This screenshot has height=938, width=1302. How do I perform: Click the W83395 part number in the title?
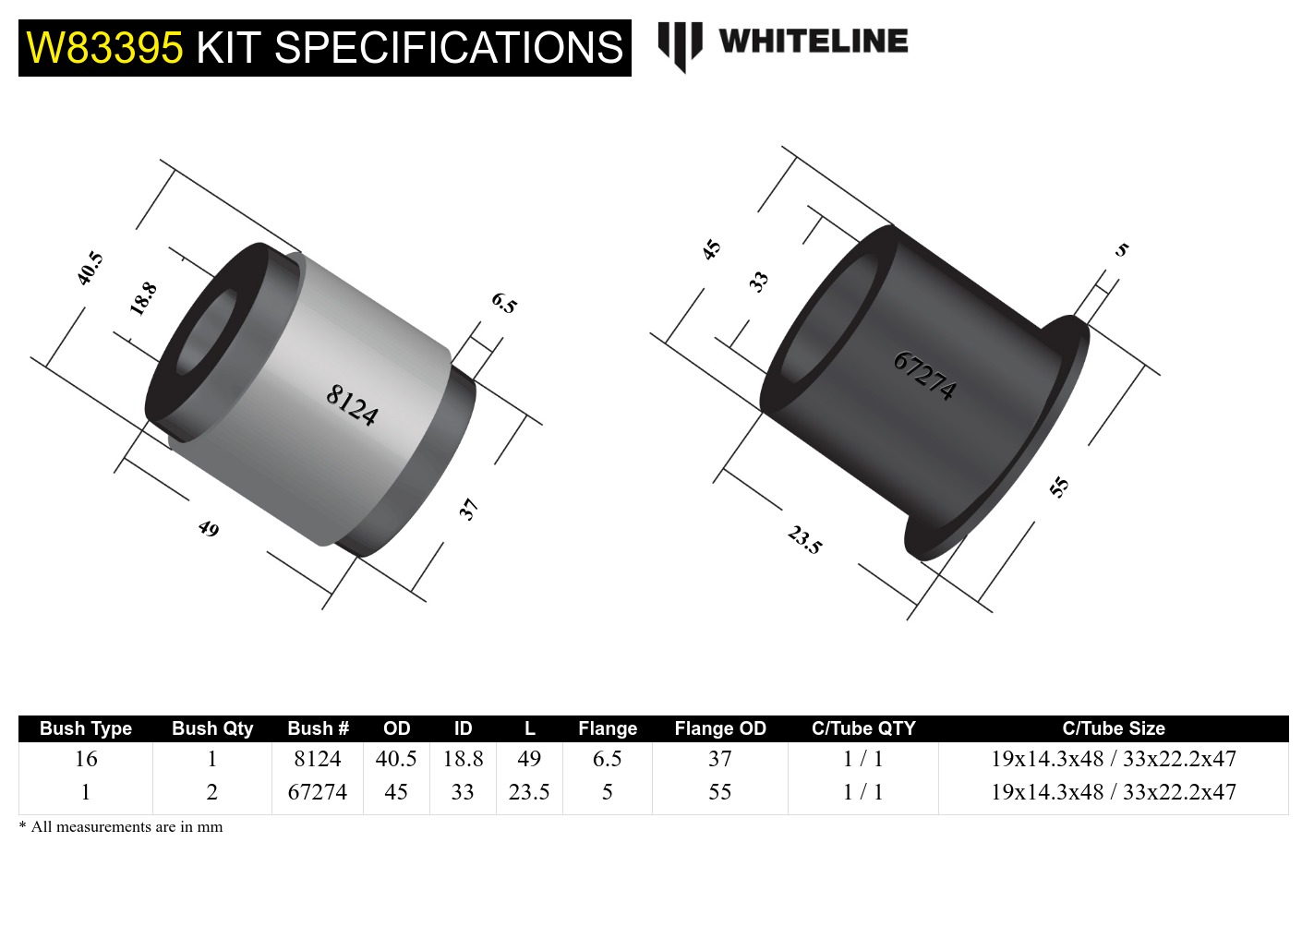[x=104, y=48]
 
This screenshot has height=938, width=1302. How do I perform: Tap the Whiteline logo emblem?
[x=680, y=44]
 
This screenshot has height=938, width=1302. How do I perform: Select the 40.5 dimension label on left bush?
[x=90, y=268]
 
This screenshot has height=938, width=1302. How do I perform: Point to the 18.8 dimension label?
[x=143, y=298]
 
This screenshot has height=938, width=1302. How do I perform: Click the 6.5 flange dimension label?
[x=504, y=303]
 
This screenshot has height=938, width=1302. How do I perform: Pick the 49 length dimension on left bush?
[x=209, y=528]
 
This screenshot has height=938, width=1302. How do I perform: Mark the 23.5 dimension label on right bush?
[x=804, y=539]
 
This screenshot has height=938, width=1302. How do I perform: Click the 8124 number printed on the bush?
[x=352, y=405]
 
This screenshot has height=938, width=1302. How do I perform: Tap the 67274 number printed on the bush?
[x=924, y=375]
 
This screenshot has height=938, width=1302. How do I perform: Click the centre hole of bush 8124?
[x=206, y=333]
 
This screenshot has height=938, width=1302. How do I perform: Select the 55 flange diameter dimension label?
[x=1059, y=487]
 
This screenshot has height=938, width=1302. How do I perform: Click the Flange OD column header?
[x=720, y=728]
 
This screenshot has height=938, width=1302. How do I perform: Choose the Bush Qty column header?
[x=212, y=728]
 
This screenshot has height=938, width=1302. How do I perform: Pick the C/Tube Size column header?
[x=1113, y=728]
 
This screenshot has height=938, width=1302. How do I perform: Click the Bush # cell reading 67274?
[x=318, y=792]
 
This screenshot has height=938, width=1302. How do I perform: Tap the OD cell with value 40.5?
[x=396, y=759]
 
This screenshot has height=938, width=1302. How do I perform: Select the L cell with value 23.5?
[x=529, y=792]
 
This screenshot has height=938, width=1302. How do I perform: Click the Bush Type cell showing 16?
[x=86, y=759]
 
